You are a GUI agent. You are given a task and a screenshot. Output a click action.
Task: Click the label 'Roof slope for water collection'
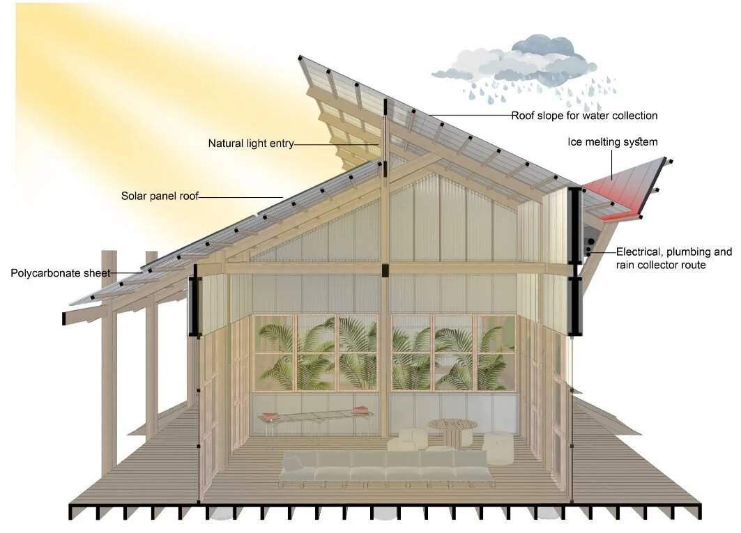coord(584,116)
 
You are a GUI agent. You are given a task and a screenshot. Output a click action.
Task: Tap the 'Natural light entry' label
coord(250,144)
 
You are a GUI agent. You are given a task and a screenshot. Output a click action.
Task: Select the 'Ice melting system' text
coord(613,142)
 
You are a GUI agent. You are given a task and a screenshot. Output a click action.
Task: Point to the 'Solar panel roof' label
coord(160,196)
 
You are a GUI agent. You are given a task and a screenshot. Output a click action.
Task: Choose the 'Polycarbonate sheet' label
coord(60,272)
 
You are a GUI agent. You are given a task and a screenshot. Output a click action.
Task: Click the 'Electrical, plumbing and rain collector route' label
coord(673,258)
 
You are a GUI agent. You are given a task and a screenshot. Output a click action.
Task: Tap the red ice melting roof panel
coord(617,186)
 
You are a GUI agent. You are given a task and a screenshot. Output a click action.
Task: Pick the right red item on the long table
coord(360,410)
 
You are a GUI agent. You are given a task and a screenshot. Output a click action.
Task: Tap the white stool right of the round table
coord(498,447)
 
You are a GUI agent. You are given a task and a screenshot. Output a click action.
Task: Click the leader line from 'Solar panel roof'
coord(240,196)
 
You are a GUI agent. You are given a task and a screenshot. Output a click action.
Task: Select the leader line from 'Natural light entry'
coord(338,144)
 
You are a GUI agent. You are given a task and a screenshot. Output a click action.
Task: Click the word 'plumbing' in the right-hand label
coord(690,252)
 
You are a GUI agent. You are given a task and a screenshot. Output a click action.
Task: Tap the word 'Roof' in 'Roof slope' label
coord(523,116)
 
